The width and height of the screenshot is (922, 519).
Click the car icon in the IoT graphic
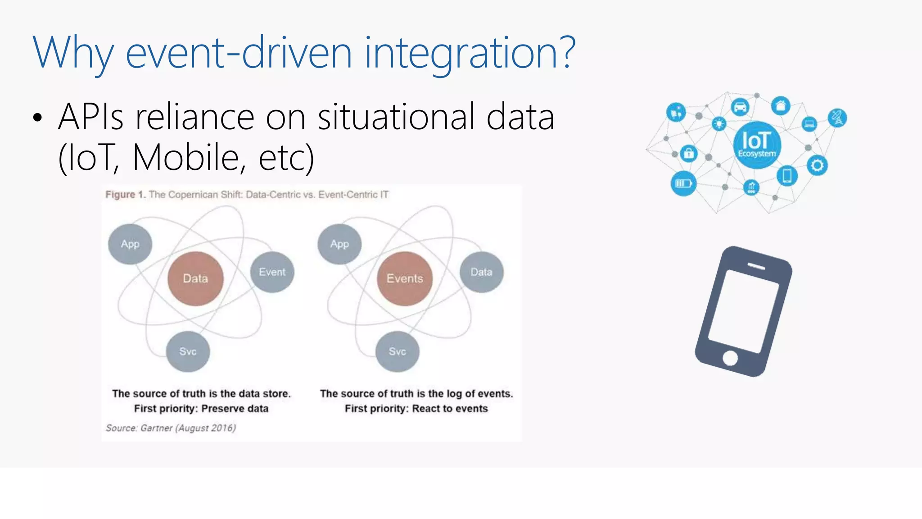click(x=740, y=107)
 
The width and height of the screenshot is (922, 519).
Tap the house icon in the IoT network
click(x=781, y=106)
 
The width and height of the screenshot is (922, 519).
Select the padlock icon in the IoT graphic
click(x=688, y=154)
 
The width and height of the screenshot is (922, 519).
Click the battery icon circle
click(x=683, y=183)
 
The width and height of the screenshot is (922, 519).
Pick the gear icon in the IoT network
click(x=817, y=165)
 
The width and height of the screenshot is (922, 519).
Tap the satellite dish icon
click(x=837, y=118)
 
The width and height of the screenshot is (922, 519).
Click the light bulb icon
click(x=719, y=123)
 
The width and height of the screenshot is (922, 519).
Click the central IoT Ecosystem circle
click(x=757, y=145)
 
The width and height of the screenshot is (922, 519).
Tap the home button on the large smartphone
click(x=730, y=358)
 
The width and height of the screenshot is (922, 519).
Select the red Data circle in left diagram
click(x=195, y=278)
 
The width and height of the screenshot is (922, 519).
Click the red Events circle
click(x=405, y=278)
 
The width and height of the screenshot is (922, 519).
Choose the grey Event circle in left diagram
click(x=272, y=272)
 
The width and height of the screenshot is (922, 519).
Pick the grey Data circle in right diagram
click(x=481, y=272)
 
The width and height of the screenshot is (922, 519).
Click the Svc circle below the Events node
click(x=397, y=351)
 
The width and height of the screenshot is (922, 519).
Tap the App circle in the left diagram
click(x=130, y=244)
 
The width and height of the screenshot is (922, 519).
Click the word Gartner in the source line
click(x=156, y=428)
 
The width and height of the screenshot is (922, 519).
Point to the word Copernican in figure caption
click(x=194, y=195)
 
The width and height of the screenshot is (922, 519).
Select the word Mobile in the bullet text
click(x=185, y=157)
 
